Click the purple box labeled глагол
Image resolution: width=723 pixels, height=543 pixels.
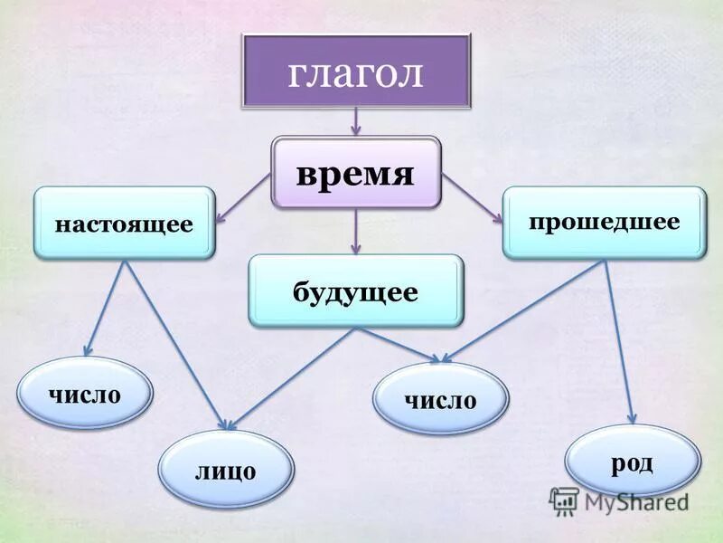(355, 72)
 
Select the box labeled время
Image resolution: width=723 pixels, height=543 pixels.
(355, 172)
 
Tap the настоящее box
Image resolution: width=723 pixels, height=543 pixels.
(124, 223)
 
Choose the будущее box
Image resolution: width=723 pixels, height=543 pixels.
(355, 291)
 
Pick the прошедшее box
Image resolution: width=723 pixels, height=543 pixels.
(604, 222)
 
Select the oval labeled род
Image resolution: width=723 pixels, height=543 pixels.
(632, 462)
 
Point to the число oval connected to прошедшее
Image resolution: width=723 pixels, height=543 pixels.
(441, 398)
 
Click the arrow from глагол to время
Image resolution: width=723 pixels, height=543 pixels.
(355, 122)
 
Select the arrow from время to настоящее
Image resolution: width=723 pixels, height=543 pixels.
(243, 197)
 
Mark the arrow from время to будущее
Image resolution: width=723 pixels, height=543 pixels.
(355, 231)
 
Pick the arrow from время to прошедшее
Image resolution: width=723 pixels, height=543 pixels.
(471, 197)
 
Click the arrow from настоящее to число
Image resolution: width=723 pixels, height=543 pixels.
(106, 308)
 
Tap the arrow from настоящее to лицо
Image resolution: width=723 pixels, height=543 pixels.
(176, 344)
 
